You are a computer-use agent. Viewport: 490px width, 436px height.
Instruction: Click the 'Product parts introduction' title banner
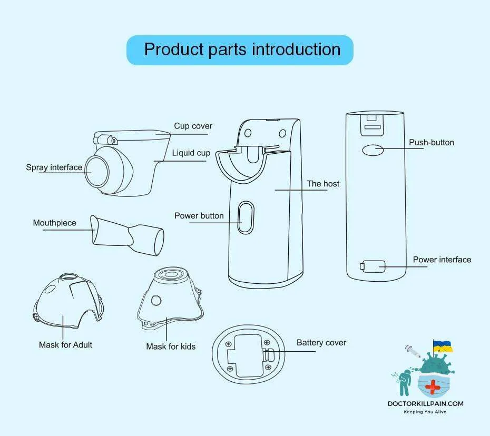[240, 50]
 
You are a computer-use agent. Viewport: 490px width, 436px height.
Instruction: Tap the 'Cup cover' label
[193, 126]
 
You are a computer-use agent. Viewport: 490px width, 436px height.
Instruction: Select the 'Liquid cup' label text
[191, 153]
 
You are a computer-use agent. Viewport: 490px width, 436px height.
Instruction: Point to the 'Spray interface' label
[54, 167]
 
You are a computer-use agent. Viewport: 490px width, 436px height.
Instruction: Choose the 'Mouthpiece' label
[54, 223]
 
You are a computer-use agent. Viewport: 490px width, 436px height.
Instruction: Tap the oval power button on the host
[246, 216]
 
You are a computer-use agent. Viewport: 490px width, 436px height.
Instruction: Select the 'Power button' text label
[199, 216]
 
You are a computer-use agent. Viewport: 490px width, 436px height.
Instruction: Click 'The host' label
[323, 184]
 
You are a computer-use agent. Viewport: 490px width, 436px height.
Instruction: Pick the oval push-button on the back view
[372, 150]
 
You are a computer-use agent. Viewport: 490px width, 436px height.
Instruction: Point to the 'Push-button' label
[432, 143]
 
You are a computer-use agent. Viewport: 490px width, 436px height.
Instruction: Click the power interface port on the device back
[374, 266]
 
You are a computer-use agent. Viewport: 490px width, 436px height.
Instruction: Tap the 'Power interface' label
[442, 260]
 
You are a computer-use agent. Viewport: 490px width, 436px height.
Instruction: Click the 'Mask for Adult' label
[65, 345]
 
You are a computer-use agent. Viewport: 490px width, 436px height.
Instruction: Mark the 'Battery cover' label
[321, 343]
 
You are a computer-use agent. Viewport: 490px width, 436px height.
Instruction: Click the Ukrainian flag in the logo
[443, 346]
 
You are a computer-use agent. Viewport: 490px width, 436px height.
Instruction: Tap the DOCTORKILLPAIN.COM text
[425, 404]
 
